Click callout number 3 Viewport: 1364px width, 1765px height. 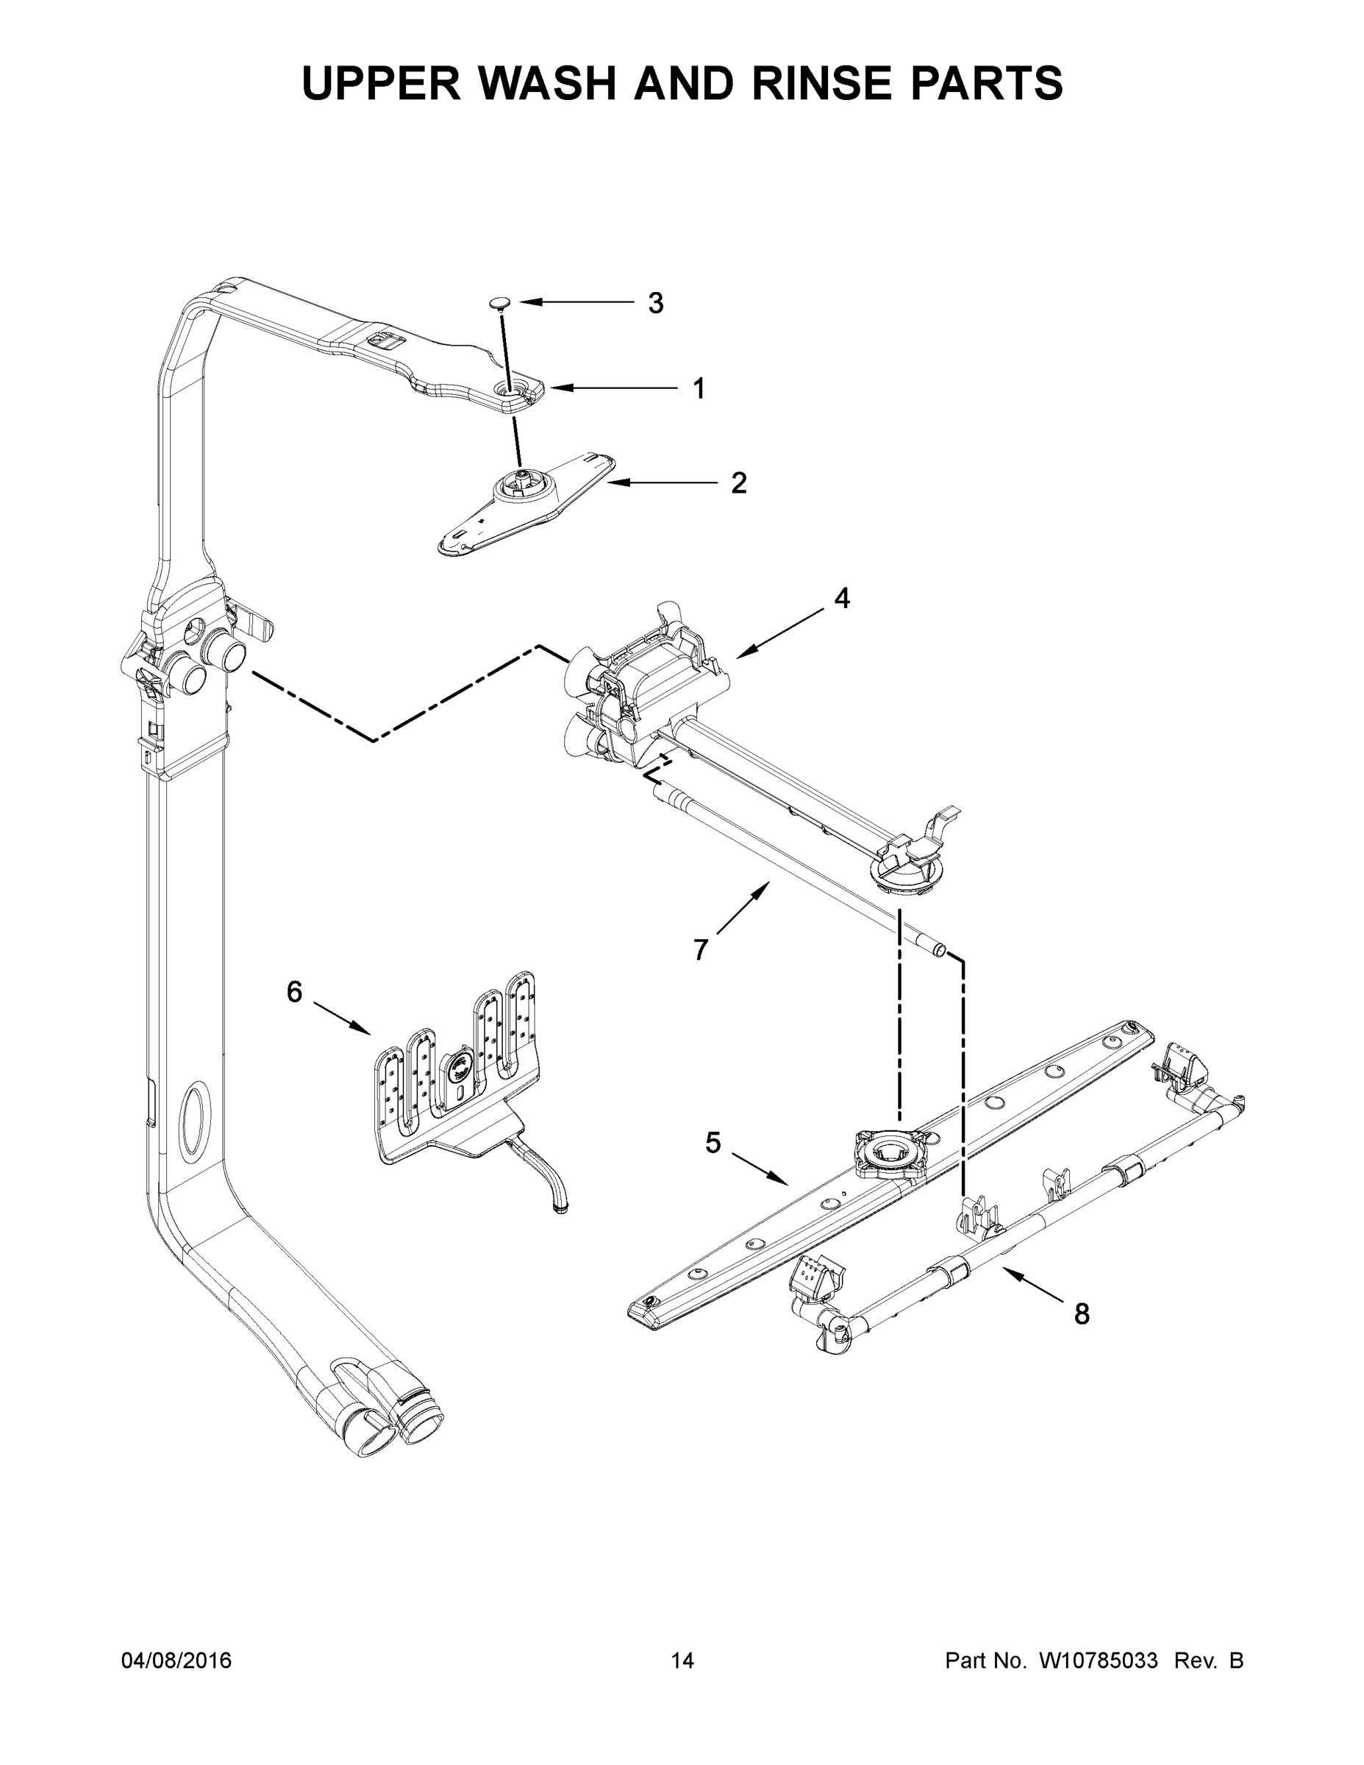655,303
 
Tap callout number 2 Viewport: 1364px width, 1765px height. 738,483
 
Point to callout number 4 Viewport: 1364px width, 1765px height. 842,598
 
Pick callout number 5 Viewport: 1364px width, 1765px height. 713,1144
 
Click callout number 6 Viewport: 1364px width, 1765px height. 294,991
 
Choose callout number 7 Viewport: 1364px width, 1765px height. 701,949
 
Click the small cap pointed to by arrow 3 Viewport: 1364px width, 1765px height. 501,303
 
